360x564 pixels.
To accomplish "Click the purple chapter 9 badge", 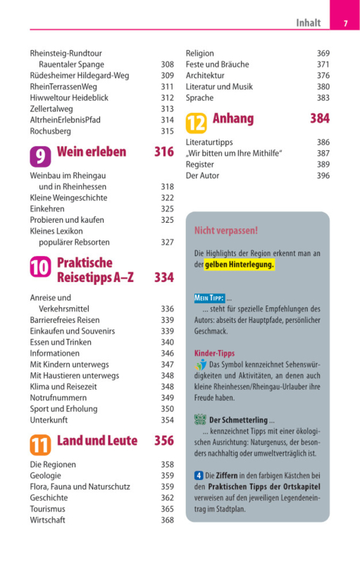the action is [40, 157].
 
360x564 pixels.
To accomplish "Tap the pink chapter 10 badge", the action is [40, 266].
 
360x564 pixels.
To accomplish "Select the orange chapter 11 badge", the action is [40, 445].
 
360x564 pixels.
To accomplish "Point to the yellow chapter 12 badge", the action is [196, 123].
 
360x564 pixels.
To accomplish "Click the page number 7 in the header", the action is [346, 23].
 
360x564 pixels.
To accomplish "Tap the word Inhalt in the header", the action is [309, 23].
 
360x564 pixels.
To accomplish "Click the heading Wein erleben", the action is [92, 152].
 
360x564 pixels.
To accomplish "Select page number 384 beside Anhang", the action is [320, 118].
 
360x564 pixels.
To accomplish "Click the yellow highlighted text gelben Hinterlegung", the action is [240, 264].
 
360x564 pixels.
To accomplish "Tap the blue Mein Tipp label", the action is [210, 298].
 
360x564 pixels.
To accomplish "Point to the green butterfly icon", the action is [200, 419].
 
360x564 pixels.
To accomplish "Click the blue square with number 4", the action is [199, 475].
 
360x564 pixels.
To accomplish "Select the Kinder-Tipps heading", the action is [214, 353].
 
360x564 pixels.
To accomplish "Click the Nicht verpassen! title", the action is [226, 231].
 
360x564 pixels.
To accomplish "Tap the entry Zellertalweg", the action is [51, 109].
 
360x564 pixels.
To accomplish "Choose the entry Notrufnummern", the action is [58, 398].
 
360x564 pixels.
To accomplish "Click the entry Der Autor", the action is [202, 176].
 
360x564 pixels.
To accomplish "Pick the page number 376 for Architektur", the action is [323, 75].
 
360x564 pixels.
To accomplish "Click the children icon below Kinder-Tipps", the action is [201, 364].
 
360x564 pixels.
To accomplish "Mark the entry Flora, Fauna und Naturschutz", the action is [80, 486].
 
